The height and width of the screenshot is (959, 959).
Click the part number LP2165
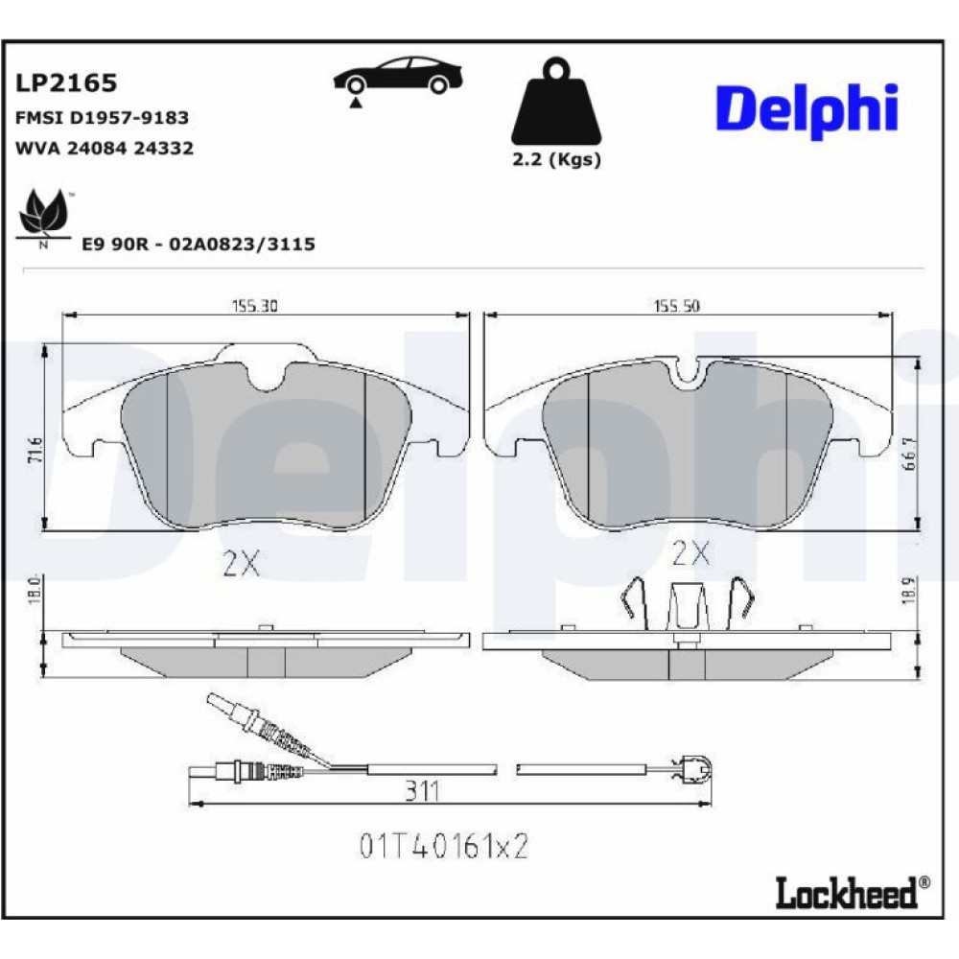click(66, 82)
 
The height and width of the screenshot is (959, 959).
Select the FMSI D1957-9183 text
click(102, 117)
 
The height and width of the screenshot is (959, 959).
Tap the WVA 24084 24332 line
click(104, 148)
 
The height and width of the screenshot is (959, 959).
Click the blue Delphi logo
click(807, 110)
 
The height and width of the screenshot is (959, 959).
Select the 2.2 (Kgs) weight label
click(556, 159)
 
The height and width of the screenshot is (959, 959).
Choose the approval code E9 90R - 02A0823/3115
click(199, 244)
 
